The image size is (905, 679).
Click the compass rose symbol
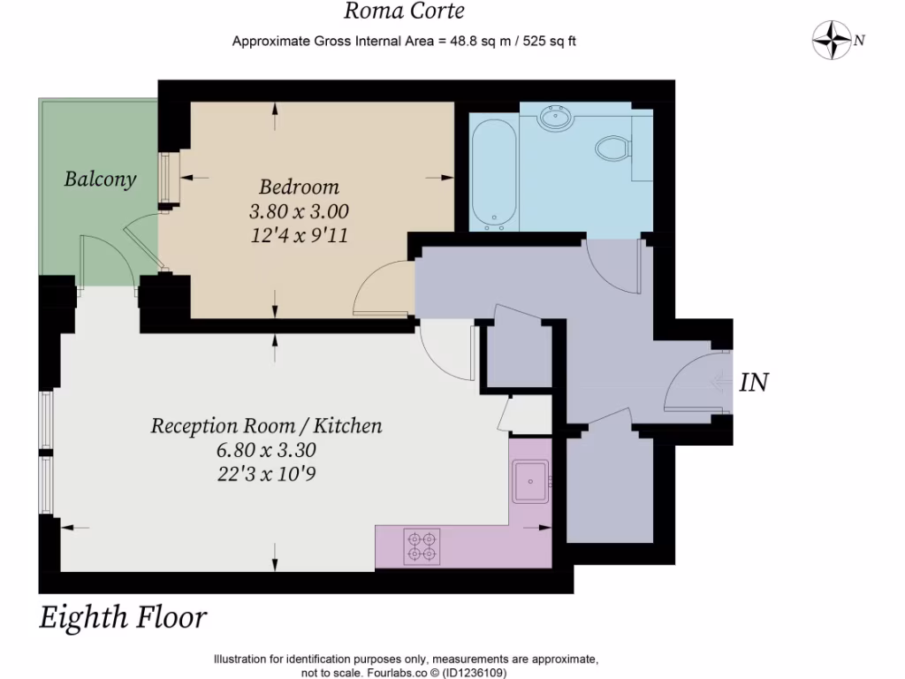[832, 40]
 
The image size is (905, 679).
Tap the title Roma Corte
[404, 11]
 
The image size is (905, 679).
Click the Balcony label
[100, 179]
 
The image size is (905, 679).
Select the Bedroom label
[299, 187]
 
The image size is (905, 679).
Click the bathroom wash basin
[557, 118]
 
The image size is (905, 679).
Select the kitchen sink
[530, 482]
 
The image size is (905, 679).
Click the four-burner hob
[422, 546]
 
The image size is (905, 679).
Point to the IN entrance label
[754, 383]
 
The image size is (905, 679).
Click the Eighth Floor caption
[123, 617]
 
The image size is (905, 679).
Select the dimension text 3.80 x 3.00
[299, 211]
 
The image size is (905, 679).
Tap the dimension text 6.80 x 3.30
[266, 450]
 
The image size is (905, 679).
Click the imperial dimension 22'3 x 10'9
[266, 474]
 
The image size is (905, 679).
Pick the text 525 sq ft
[550, 41]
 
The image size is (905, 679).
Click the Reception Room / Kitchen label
[266, 425]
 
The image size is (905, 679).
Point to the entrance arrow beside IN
[721, 382]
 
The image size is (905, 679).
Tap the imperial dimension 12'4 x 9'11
[299, 235]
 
